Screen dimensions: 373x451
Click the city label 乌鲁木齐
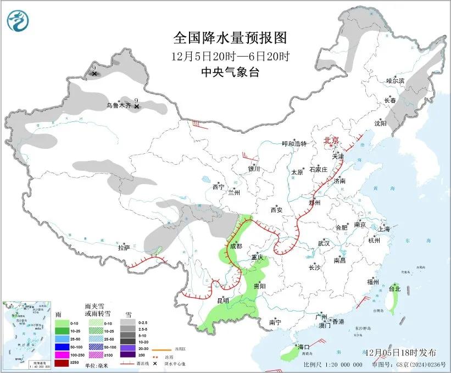(x=118, y=105)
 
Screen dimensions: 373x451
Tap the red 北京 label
(x=331, y=140)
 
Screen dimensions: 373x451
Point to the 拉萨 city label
(x=124, y=248)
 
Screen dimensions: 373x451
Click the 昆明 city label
(x=222, y=300)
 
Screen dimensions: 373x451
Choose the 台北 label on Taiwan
(x=394, y=288)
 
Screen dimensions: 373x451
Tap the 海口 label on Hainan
(x=304, y=347)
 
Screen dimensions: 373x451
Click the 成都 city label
(x=236, y=247)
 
